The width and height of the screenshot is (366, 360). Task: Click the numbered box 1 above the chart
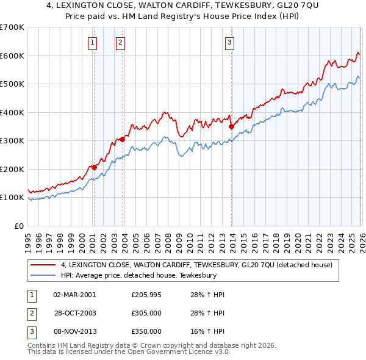click(x=92, y=42)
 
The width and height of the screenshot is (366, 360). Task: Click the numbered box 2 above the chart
click(x=120, y=42)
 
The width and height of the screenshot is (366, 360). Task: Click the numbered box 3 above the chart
click(x=229, y=42)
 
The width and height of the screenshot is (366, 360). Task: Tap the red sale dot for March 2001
click(x=94, y=167)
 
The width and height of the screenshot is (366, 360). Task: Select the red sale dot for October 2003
click(x=123, y=139)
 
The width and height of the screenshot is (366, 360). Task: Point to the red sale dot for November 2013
click(x=231, y=126)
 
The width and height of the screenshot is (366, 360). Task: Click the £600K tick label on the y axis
click(x=12, y=56)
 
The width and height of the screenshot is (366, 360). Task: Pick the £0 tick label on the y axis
click(x=20, y=226)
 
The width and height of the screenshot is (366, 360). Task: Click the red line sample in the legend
click(x=43, y=265)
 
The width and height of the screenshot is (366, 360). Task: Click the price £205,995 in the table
click(x=146, y=295)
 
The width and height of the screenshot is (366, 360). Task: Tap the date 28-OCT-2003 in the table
click(x=74, y=313)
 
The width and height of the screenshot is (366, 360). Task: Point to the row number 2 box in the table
click(x=31, y=313)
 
